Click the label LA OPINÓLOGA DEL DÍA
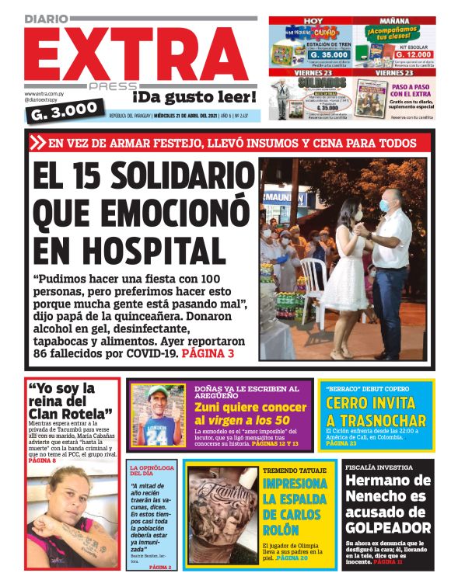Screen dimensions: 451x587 point(151,471)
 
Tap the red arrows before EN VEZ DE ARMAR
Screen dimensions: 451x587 point(37,142)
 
